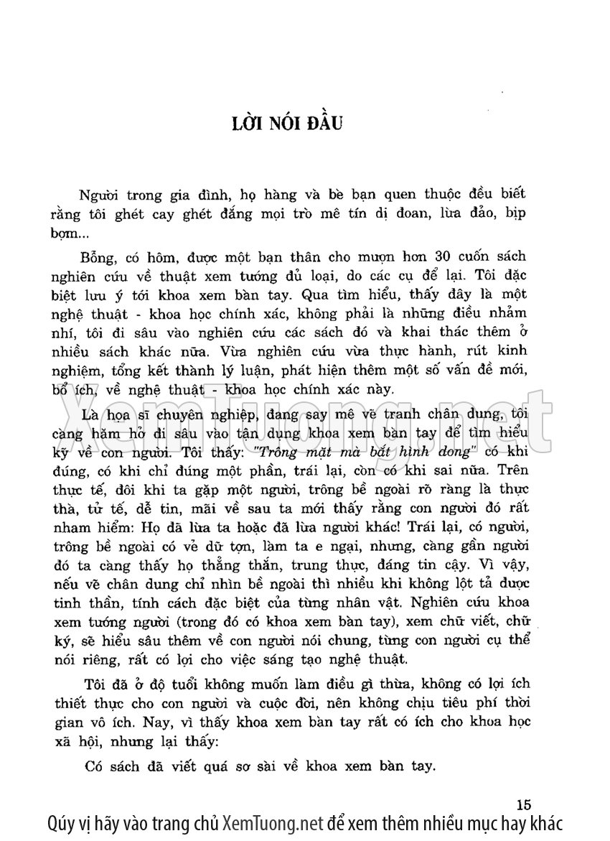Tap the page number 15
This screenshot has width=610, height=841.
point(522,803)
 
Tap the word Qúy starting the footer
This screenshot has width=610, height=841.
point(62,823)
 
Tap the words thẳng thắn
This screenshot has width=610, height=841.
point(281,564)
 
